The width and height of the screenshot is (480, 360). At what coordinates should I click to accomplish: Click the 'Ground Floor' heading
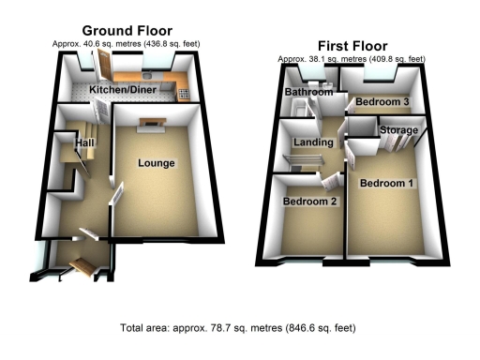(127, 31)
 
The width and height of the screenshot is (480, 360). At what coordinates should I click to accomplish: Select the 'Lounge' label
(157, 163)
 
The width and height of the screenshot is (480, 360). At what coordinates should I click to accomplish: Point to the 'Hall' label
(86, 142)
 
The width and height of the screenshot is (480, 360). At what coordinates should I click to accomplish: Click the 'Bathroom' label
(309, 93)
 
